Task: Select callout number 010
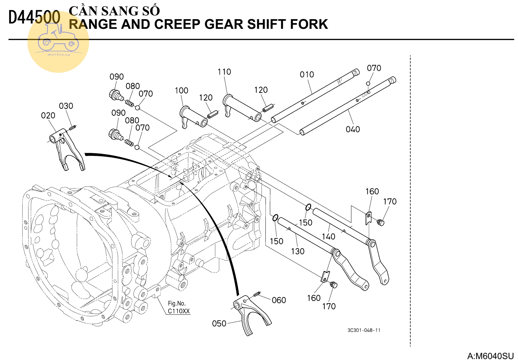pyautogui.click(x=307, y=75)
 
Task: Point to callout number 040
pyautogui.click(x=353, y=129)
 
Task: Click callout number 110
pyautogui.click(x=224, y=72)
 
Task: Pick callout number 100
pyautogui.click(x=181, y=91)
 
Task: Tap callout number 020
pyautogui.click(x=48, y=116)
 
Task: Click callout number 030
pyautogui.click(x=66, y=106)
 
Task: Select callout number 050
pyautogui.click(x=219, y=323)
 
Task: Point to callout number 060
pyautogui.click(x=279, y=300)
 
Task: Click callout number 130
pyautogui.click(x=298, y=251)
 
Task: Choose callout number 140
pyautogui.click(x=328, y=237)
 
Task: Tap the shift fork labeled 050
pyautogui.click(x=252, y=316)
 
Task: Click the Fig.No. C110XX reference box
pyautogui.click(x=179, y=307)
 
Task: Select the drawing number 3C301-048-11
pyautogui.click(x=364, y=330)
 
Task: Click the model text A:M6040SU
pyautogui.click(x=490, y=356)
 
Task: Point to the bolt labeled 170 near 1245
pyautogui.click(x=380, y=222)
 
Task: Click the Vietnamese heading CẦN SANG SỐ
pyautogui.click(x=114, y=11)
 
